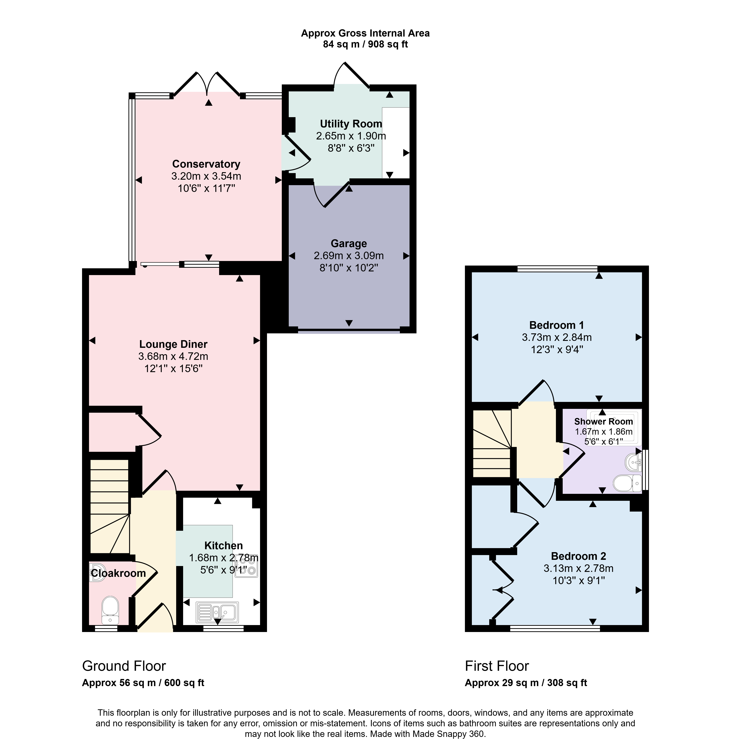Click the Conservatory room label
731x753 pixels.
pos(206,164)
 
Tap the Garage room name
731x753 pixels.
pos(349,244)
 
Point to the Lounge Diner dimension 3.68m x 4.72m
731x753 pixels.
pos(173,356)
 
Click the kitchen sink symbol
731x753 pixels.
pos(217,612)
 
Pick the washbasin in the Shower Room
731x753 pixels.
pos(634,462)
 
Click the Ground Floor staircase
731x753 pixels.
pos(109,506)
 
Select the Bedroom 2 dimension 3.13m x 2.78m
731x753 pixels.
pos(579,568)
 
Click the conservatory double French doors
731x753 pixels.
pos(207,83)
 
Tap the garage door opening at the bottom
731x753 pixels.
pos(349,330)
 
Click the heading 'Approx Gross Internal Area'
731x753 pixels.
pos(365,33)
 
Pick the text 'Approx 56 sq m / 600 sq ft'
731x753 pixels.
pos(143,683)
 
